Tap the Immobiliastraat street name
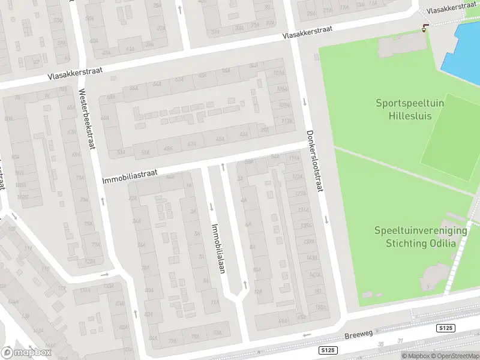click(x=130, y=175)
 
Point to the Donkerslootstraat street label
click(x=314, y=161)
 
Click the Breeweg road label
click(x=359, y=337)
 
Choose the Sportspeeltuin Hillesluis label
click(x=410, y=109)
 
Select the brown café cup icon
click(x=425, y=27)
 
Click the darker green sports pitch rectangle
click(x=450, y=141)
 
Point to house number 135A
click(x=305, y=226)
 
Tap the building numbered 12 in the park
click(x=397, y=38)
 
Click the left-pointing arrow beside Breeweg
click(x=307, y=335)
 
